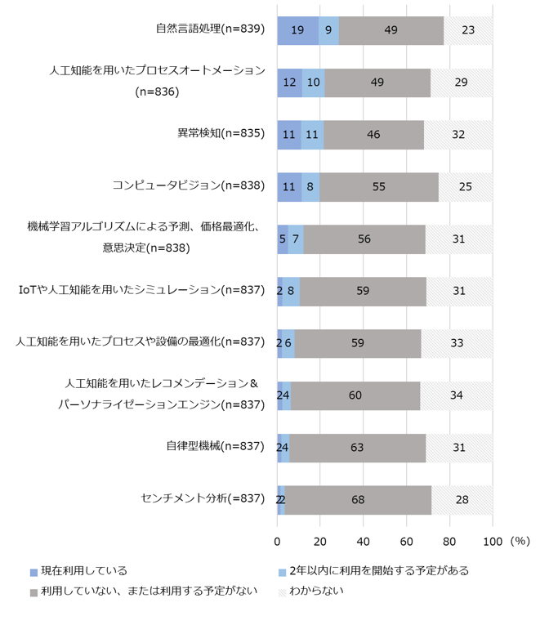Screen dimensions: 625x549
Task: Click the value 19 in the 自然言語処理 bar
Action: [298, 30]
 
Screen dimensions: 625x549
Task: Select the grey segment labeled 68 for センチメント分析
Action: [358, 500]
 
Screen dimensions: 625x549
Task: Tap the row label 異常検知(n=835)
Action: [221, 134]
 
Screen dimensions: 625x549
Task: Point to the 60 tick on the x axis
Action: [407, 541]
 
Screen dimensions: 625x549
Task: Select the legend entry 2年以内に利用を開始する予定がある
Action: [373, 570]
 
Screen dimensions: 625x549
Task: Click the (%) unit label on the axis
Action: [519, 541]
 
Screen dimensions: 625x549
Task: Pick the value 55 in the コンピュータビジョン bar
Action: [379, 186]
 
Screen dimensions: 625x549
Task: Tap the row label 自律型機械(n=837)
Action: [215, 446]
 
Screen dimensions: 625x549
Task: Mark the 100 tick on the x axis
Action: [493, 541]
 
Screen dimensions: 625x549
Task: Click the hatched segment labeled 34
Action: [457, 395]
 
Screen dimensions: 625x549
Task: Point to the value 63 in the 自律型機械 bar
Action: [357, 448]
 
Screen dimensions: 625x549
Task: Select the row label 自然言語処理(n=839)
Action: [210, 29]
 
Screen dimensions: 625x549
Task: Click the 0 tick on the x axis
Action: [278, 541]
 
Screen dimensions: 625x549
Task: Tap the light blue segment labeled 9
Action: [328, 30]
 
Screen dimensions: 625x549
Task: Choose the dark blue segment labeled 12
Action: [290, 83]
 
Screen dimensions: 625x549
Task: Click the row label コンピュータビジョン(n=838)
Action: [189, 185]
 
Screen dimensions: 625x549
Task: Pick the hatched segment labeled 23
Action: [468, 30]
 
